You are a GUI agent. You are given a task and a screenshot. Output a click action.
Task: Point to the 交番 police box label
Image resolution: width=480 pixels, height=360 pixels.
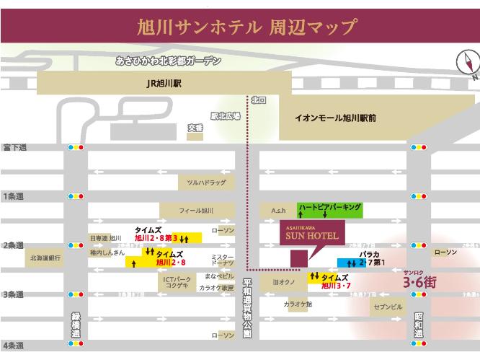pos(195,128)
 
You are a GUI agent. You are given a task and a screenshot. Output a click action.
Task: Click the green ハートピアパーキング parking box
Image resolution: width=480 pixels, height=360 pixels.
pos(329,209)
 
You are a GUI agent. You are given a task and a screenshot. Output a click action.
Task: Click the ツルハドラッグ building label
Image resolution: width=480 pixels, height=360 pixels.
pos(206,183)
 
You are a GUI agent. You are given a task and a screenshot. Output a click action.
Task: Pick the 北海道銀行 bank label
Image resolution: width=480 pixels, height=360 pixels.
pos(46,257)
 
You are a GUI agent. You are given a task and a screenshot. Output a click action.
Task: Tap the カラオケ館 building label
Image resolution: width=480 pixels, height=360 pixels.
pos(298,304)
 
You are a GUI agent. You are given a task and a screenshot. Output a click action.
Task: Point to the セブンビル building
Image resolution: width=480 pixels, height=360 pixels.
pos(387,307)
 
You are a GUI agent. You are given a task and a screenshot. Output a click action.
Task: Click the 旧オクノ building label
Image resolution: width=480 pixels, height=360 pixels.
pos(280,282)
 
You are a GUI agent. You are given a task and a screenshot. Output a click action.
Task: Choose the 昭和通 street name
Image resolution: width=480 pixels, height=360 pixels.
pos(419,325)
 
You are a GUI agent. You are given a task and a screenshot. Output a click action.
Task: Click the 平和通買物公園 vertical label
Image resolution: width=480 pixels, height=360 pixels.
pos(246,308)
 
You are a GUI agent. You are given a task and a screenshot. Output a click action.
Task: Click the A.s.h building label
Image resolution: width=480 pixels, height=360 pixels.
pos(279,210)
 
